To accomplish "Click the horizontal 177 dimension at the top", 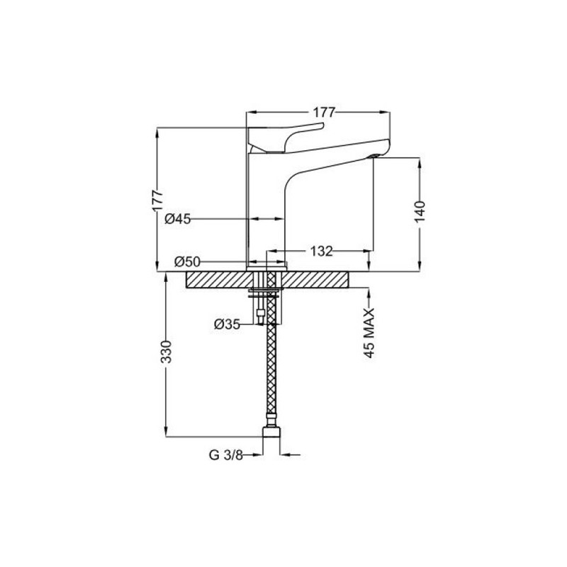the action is [x=324, y=113].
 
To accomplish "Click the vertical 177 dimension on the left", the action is [x=157, y=201].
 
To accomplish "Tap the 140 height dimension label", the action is [x=420, y=212].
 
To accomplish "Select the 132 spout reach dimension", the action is [x=322, y=251].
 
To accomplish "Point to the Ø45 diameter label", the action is [x=178, y=219].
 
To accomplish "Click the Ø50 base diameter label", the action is [x=187, y=262].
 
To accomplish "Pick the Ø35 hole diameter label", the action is [x=227, y=325].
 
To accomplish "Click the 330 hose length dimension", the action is [x=166, y=352].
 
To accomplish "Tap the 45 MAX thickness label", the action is [x=369, y=333].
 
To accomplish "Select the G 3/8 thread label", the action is [x=226, y=455].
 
